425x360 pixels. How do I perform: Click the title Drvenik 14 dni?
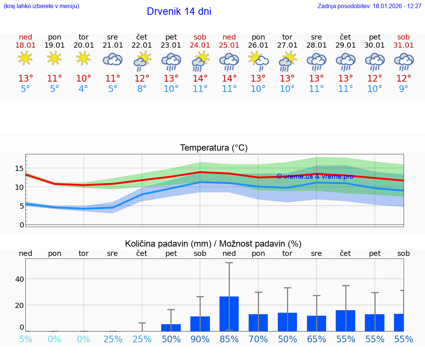tap(179, 11)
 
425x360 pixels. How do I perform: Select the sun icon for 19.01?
tap(54, 58)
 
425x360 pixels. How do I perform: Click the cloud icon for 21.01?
tap(113, 59)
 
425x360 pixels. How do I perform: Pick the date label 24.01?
tap(200, 45)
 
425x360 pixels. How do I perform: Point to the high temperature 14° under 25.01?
tap(229, 79)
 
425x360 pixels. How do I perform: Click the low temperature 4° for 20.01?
tap(83, 89)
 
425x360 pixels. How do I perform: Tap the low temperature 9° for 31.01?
tap(404, 89)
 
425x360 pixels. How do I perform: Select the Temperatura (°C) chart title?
tap(214, 148)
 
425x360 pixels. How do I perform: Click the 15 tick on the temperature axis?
tap(19, 168)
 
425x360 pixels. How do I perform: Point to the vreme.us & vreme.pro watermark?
tap(315, 176)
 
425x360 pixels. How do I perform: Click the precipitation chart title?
tap(213, 244)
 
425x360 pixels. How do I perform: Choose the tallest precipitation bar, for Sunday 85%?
tap(229, 313)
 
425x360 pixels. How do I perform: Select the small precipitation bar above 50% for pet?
tap(171, 328)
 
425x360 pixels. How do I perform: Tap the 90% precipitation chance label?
tap(200, 339)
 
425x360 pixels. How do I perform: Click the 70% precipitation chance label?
tap(258, 339)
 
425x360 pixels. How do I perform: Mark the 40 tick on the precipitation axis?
tap(19, 279)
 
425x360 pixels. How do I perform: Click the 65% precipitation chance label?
tap(317, 339)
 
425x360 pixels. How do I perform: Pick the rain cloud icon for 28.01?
tap(317, 61)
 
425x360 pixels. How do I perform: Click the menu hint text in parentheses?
tap(41, 6)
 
